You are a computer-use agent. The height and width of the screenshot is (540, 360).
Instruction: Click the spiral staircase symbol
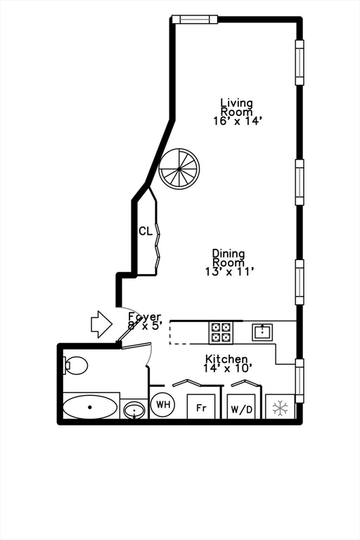(x=179, y=169)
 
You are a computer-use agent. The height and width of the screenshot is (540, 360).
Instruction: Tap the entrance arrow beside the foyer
(x=101, y=323)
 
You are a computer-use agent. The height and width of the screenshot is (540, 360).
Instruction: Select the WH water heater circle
(x=163, y=404)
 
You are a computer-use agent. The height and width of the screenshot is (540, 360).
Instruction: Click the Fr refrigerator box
(x=200, y=406)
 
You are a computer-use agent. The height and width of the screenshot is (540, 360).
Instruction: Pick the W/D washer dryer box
(x=240, y=406)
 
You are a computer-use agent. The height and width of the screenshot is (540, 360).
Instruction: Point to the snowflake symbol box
(x=281, y=408)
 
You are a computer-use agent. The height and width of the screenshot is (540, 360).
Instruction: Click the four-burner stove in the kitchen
(x=221, y=332)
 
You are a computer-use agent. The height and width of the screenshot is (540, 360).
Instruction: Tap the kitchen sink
(x=263, y=331)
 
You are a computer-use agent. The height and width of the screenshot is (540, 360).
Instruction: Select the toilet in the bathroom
(x=75, y=365)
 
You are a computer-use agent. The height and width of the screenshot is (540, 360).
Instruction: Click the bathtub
(x=90, y=407)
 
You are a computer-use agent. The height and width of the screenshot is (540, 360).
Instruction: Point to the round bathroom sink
(x=133, y=409)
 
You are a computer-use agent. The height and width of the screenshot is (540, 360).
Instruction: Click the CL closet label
(x=145, y=231)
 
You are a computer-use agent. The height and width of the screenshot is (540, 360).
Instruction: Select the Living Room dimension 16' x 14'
(x=238, y=121)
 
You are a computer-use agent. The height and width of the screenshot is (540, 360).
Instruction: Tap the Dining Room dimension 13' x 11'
(x=229, y=271)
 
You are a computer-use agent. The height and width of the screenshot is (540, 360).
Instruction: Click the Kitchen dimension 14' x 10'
(x=228, y=368)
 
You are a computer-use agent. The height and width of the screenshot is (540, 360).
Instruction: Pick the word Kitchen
(x=226, y=359)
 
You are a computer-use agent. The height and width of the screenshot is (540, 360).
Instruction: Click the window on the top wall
(x=195, y=20)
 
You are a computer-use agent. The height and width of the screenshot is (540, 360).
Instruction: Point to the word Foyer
(x=145, y=317)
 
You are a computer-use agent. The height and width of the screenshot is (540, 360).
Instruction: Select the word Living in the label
(x=236, y=103)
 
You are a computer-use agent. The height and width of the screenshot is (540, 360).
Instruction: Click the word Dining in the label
(x=229, y=254)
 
